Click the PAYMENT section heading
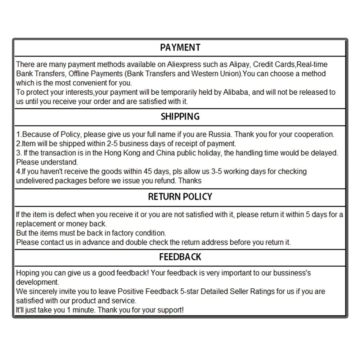[x=180, y=48]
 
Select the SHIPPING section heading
[x=180, y=117]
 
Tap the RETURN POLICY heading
[x=180, y=197]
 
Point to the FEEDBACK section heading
[x=180, y=257]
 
